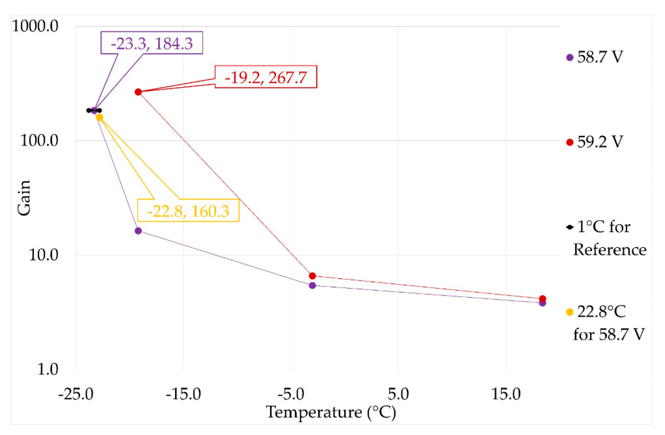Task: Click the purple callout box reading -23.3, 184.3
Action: click(x=152, y=43)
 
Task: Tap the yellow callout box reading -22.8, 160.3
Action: click(x=188, y=210)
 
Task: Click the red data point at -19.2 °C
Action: click(x=138, y=92)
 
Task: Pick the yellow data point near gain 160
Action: click(x=99, y=117)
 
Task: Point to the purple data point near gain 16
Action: click(x=138, y=231)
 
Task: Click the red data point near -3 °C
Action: click(x=312, y=276)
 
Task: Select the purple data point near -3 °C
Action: click(x=312, y=285)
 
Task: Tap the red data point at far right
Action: click(x=542, y=299)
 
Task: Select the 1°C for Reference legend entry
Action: click(x=605, y=238)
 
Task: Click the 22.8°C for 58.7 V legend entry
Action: click(x=605, y=323)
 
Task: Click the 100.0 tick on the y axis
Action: click(x=39, y=141)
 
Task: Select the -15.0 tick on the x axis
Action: click(x=183, y=394)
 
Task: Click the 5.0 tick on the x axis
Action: click(x=398, y=394)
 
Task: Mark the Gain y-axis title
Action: click(x=24, y=198)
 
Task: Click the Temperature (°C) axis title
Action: click(x=331, y=412)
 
